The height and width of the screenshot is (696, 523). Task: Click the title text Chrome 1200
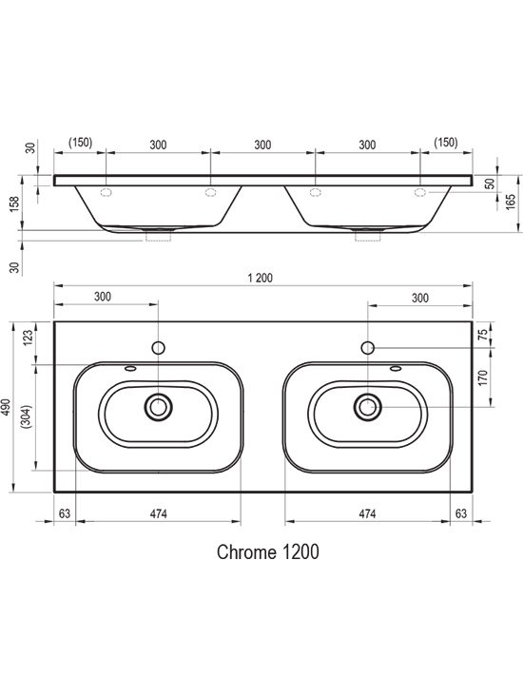268,552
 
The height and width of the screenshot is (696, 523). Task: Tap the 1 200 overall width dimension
261,279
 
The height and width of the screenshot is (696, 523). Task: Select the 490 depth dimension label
7,407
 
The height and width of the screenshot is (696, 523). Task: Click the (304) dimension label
27,416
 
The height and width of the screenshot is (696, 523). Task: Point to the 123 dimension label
28,338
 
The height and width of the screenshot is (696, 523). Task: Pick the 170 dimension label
483,377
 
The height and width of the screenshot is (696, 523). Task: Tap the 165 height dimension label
511,203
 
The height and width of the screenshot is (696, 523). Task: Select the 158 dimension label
14,204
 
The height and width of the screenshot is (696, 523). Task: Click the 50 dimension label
490,184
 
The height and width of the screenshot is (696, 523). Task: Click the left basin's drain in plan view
158,407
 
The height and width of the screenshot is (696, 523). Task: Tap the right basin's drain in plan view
368,407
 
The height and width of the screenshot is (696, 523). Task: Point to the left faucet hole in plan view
159,348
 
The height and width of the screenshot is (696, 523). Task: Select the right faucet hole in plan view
368,348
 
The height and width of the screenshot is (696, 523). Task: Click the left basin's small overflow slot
130,368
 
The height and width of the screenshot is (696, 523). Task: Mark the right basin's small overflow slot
396,368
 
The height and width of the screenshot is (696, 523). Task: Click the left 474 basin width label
159,513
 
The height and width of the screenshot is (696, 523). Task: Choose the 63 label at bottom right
461,513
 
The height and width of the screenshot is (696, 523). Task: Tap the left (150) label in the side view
81,143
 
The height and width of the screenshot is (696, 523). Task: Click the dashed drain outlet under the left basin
159,235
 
